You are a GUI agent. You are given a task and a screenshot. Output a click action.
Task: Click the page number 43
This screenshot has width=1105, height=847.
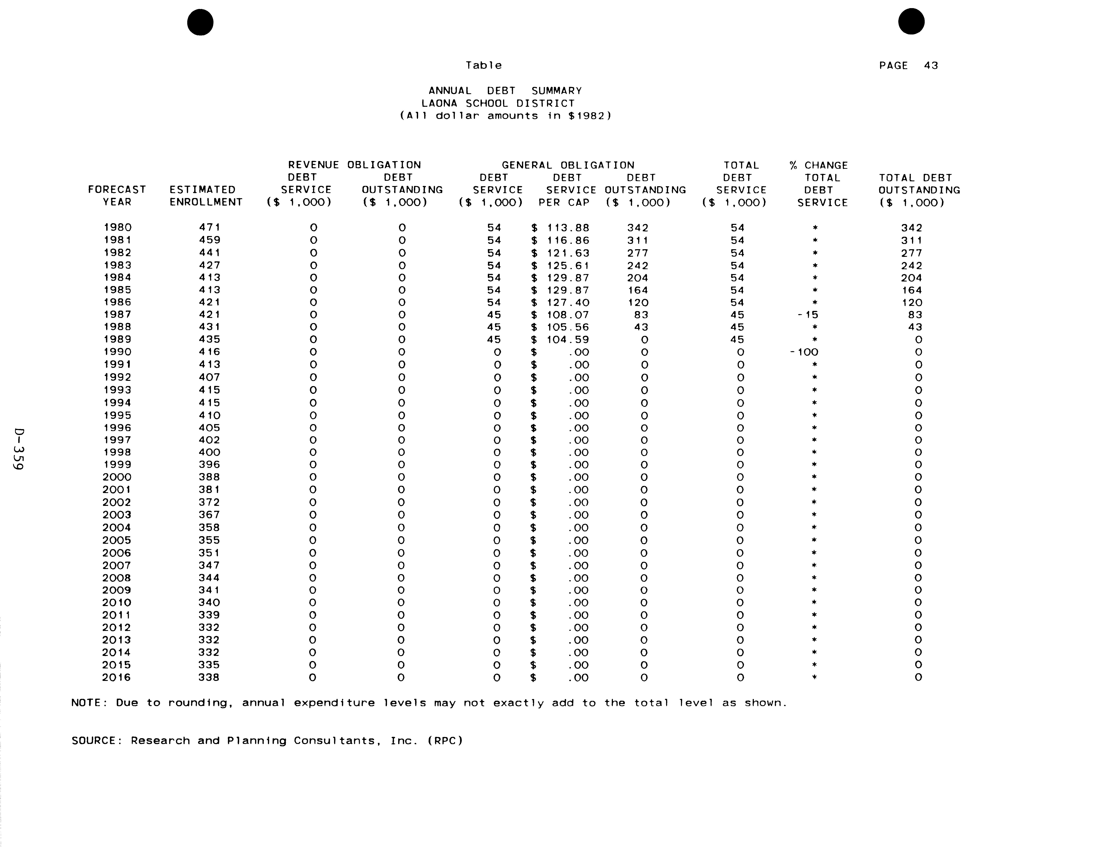[x=931, y=66]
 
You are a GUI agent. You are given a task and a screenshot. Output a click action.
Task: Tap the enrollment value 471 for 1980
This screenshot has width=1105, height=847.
[x=209, y=227]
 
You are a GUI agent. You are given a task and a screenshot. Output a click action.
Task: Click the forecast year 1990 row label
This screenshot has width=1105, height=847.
[x=117, y=352]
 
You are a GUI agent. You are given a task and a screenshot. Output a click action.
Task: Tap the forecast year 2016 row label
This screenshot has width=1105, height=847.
[x=117, y=677]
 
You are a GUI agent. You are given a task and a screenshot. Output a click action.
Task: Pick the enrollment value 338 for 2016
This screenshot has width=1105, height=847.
[x=209, y=677]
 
